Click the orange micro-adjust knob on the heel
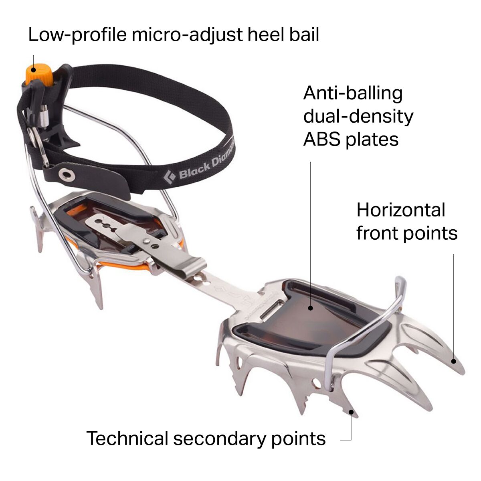pos(39,75)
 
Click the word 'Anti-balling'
pos(353,94)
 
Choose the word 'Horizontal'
pos(401,210)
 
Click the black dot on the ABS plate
pos(311,308)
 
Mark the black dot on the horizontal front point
pos(454,368)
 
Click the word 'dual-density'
pos(358,117)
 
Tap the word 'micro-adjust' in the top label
pos(187,35)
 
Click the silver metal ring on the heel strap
pos(37,147)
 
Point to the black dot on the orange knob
pos(33,70)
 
